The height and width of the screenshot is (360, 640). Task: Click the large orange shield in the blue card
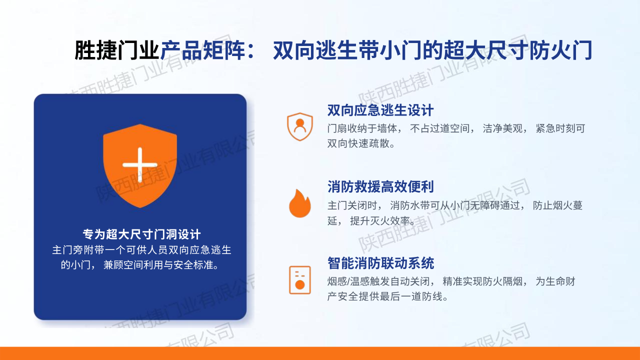pos(140,165)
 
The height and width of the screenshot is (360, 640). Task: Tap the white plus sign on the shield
pos(140,165)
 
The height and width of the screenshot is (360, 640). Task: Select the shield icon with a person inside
pos(299,126)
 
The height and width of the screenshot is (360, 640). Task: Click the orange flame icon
pos(299,203)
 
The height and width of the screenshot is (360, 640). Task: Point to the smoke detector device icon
pos(299,280)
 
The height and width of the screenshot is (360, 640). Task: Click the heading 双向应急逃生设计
pos(380,110)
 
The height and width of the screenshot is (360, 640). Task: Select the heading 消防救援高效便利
pos(380,187)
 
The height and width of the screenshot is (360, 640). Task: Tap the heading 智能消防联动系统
pos(380,263)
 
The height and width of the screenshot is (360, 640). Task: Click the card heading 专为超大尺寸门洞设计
pos(141,234)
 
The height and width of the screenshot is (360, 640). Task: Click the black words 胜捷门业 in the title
pos(116,50)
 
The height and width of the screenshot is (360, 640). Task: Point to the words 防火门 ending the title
pos(560,50)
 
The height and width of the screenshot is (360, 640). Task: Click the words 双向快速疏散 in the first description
pos(358,143)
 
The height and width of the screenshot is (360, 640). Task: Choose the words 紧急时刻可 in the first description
pos(560,128)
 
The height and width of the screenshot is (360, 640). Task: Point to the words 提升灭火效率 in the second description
pos(380,220)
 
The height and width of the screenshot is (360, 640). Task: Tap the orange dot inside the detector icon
pos(299,284)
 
